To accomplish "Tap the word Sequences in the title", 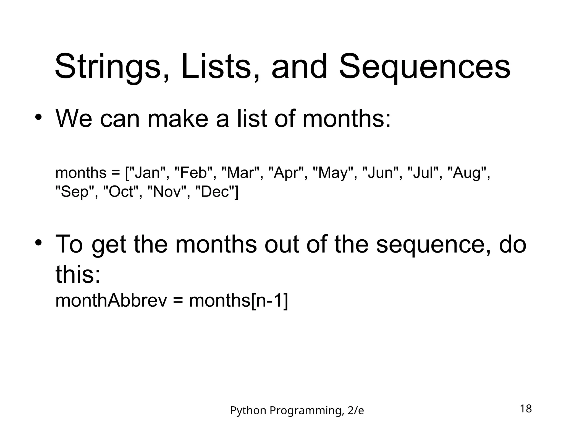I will point(424,67).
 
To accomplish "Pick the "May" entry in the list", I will point(333,173).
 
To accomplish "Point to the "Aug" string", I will point(467,173).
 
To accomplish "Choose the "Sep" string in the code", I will point(75,192).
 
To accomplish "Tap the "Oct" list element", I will point(121,192).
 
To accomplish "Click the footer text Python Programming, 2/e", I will point(297,411).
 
